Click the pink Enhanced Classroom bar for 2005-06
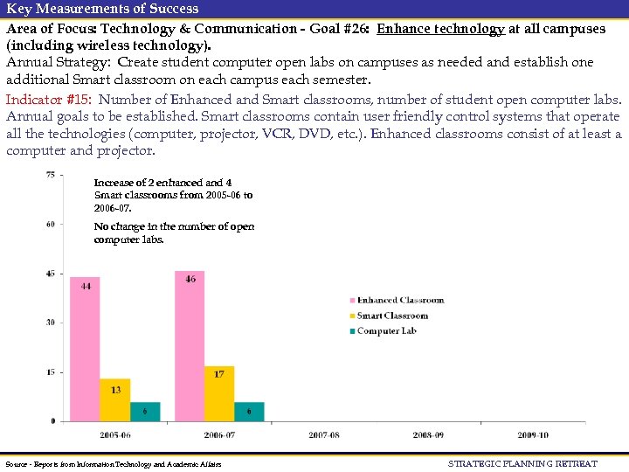[x=85, y=350]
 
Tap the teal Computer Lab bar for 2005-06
[x=145, y=412]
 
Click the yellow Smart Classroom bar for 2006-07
[x=219, y=394]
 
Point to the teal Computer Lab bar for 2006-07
[x=249, y=412]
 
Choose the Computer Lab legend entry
[x=385, y=330]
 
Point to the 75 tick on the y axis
[x=51, y=175]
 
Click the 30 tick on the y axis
[x=51, y=323]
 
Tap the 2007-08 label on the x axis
[x=323, y=434]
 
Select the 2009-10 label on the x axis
[x=532, y=434]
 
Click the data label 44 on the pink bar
[x=86, y=286]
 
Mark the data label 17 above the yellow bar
[x=219, y=374]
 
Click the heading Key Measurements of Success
[x=102, y=8]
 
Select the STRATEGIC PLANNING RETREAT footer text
[x=522, y=463]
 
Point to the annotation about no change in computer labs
[x=174, y=233]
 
